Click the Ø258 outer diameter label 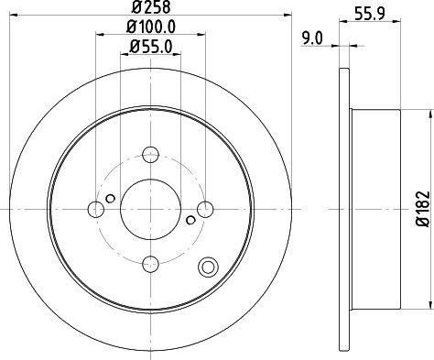click(x=151, y=6)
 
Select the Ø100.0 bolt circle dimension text click(x=151, y=27)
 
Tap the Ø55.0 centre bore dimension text click(x=151, y=47)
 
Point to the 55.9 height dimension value click(x=370, y=14)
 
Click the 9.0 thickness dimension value click(x=312, y=38)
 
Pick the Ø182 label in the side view click(x=423, y=209)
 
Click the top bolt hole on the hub click(x=151, y=154)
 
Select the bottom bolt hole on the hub click(x=151, y=264)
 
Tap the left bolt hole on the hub click(x=96, y=209)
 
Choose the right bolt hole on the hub click(x=205, y=209)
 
